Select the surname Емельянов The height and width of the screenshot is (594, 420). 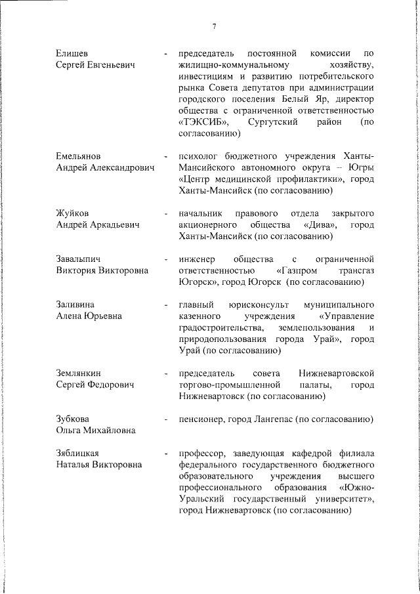tap(79, 156)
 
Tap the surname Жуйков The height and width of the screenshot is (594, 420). tap(72, 213)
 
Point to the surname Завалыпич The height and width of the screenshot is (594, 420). tap(79, 259)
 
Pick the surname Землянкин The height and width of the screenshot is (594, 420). tap(81, 373)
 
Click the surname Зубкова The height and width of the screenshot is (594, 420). tap(73, 419)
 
